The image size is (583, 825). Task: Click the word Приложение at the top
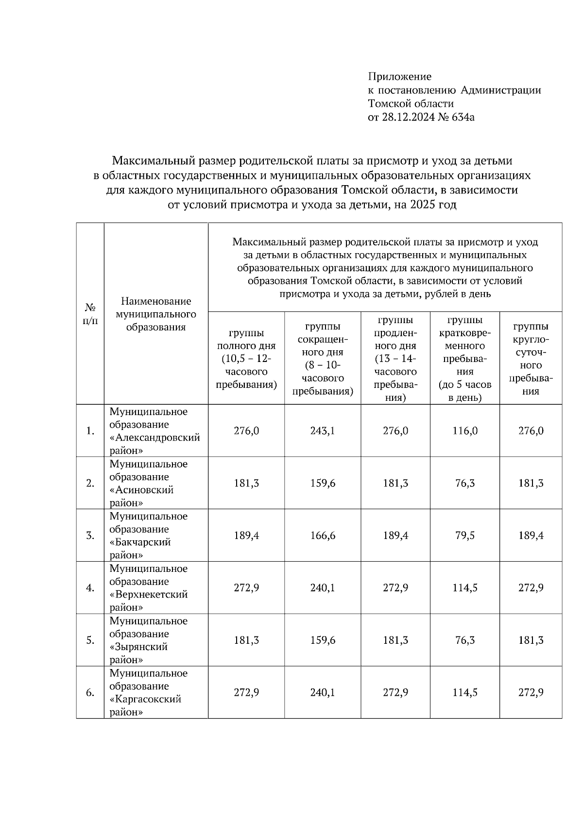click(399, 76)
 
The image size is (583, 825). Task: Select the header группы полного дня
click(246, 359)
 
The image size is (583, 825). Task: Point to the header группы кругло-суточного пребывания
click(531, 359)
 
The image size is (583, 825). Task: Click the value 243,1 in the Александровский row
click(323, 431)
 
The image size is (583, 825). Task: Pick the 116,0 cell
click(465, 431)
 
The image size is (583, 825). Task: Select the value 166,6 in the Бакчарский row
click(323, 535)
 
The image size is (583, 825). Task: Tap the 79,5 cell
click(465, 535)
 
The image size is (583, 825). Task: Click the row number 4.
click(90, 588)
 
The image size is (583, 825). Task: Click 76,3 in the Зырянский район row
click(465, 640)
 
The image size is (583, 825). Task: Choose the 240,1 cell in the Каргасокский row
click(323, 692)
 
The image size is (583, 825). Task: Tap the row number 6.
click(90, 692)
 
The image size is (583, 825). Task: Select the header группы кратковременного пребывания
click(465, 359)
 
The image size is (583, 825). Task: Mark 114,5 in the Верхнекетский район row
click(465, 588)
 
